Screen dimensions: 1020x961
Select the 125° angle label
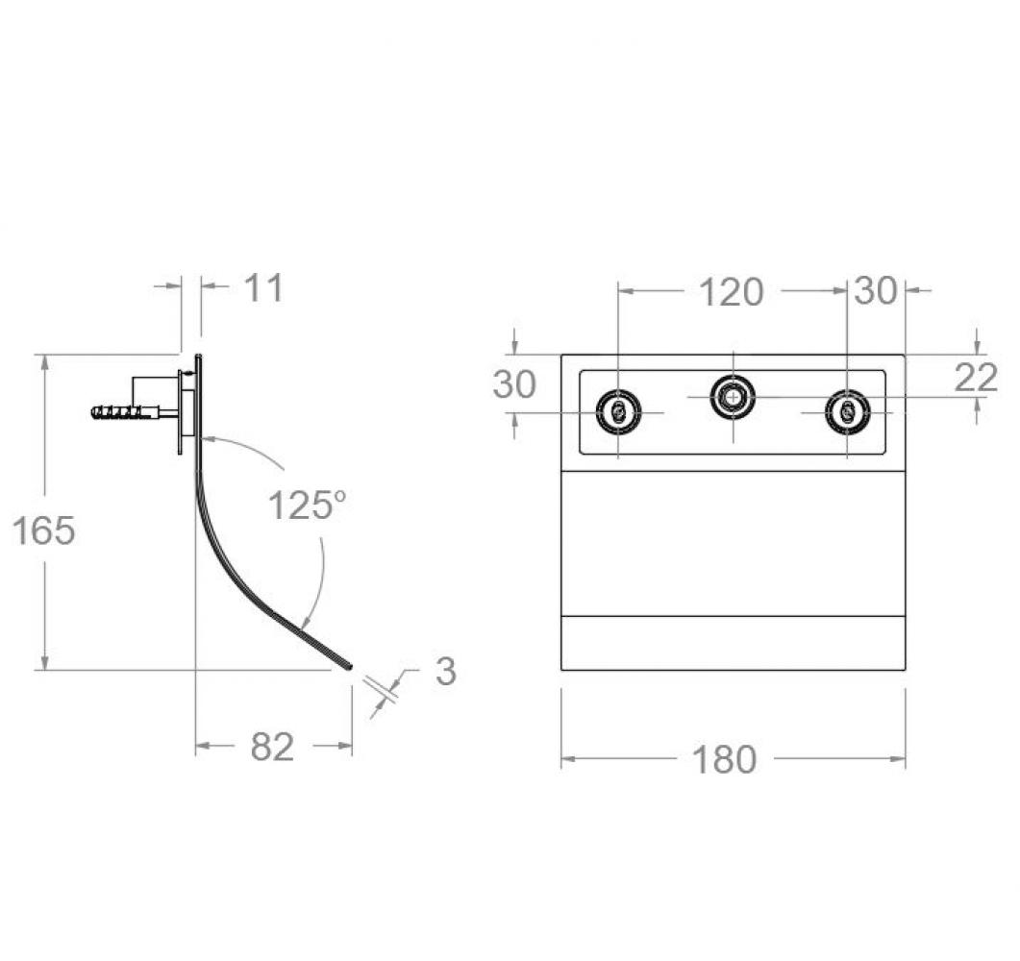(307, 505)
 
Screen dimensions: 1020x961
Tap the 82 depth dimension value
(273, 747)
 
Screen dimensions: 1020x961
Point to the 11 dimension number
(264, 288)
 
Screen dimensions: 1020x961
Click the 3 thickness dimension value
(446, 671)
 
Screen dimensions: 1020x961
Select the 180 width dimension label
(724, 759)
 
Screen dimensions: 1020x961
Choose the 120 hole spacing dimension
(732, 292)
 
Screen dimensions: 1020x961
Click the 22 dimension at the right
(976, 378)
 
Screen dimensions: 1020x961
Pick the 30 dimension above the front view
(876, 290)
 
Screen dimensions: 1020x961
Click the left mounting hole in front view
(619, 412)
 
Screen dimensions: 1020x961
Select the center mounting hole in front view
(734, 396)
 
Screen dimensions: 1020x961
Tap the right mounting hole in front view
(847, 412)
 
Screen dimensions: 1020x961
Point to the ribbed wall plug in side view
(124, 412)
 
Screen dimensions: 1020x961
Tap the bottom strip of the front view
(733, 642)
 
